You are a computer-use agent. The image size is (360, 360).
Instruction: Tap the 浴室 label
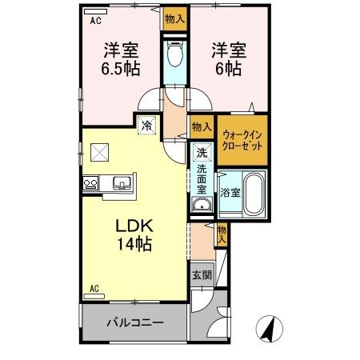point(230,193)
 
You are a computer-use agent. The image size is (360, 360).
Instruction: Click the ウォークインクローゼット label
point(242,141)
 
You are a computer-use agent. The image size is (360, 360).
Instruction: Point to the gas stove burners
point(90,184)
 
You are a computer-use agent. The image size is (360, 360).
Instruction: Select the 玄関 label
point(202,274)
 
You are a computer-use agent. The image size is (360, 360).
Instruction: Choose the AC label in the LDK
point(94,288)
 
